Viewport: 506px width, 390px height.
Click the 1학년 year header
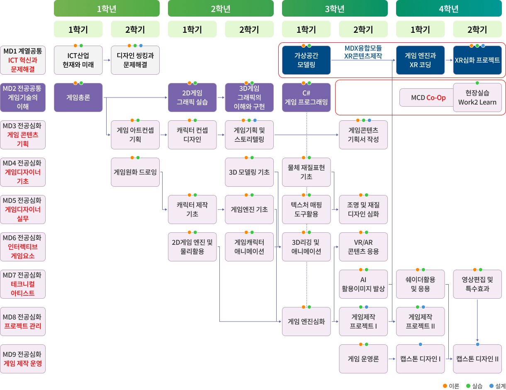coord(107,9)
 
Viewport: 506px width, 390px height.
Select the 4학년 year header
coord(449,9)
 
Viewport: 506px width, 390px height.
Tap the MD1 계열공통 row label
coord(23,60)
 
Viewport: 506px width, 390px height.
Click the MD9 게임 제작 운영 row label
coord(23,359)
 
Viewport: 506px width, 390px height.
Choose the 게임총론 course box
coord(78,97)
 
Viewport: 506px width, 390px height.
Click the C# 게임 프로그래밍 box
coord(307,97)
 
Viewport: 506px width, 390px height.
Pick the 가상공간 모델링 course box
coord(307,60)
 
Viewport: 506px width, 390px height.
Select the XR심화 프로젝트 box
coord(477,60)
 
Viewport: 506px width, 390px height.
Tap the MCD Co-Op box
coord(427,98)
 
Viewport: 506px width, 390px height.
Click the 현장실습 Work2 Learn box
coord(477,97)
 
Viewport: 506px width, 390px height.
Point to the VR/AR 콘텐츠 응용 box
coord(363,247)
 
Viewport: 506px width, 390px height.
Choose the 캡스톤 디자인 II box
coord(477,359)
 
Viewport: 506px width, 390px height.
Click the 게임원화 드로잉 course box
coord(135,172)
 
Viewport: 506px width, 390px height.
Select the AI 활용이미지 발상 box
coord(363,284)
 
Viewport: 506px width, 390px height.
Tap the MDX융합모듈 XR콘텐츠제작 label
coord(363,52)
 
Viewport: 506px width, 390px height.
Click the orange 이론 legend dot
coord(445,386)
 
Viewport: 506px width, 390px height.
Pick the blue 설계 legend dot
coord(491,386)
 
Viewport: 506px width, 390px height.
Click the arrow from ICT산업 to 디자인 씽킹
coord(107,61)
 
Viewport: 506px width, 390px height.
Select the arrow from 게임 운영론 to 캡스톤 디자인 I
coord(392,359)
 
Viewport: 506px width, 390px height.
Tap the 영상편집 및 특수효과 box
coord(477,284)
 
